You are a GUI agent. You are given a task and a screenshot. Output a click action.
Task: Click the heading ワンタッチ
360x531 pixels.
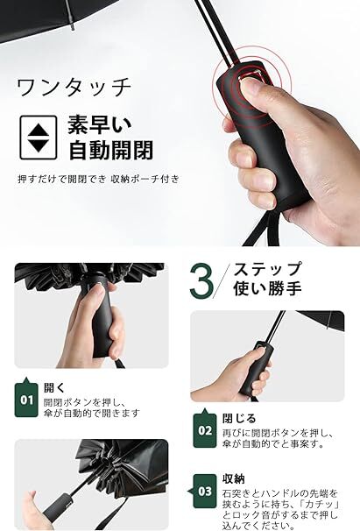[x=74, y=88]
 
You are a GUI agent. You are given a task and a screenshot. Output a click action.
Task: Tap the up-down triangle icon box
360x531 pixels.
[x=38, y=138]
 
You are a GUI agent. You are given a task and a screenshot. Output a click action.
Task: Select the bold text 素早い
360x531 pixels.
[x=100, y=124]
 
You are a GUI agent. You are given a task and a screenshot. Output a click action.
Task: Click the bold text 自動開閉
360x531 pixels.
[x=110, y=149]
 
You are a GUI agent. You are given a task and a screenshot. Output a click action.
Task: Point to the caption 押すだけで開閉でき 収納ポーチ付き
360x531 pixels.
[x=98, y=179]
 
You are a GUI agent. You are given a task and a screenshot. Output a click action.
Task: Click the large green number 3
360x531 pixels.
[x=201, y=281]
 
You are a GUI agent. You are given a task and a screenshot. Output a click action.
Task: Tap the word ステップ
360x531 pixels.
[x=267, y=269]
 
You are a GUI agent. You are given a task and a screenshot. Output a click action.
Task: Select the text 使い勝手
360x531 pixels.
[x=267, y=289]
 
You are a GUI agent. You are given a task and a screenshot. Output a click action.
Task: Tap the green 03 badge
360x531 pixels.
[x=203, y=491]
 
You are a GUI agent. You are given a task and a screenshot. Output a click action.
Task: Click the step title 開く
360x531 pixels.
[x=54, y=388]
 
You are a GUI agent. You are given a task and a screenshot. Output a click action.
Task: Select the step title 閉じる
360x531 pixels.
[x=239, y=419]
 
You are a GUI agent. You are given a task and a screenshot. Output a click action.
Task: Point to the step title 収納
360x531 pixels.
[x=233, y=478]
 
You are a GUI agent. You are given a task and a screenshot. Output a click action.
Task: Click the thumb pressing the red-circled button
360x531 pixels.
[x=256, y=92]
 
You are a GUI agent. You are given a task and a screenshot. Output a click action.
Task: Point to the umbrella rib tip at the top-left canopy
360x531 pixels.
[x=73, y=27]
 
